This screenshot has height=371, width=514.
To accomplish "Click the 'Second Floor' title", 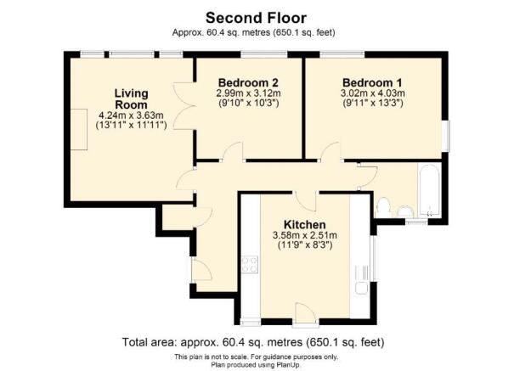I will point(257,16).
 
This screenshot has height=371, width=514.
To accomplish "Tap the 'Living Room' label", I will point(132,98).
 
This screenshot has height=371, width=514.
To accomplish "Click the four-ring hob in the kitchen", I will point(250,265).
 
